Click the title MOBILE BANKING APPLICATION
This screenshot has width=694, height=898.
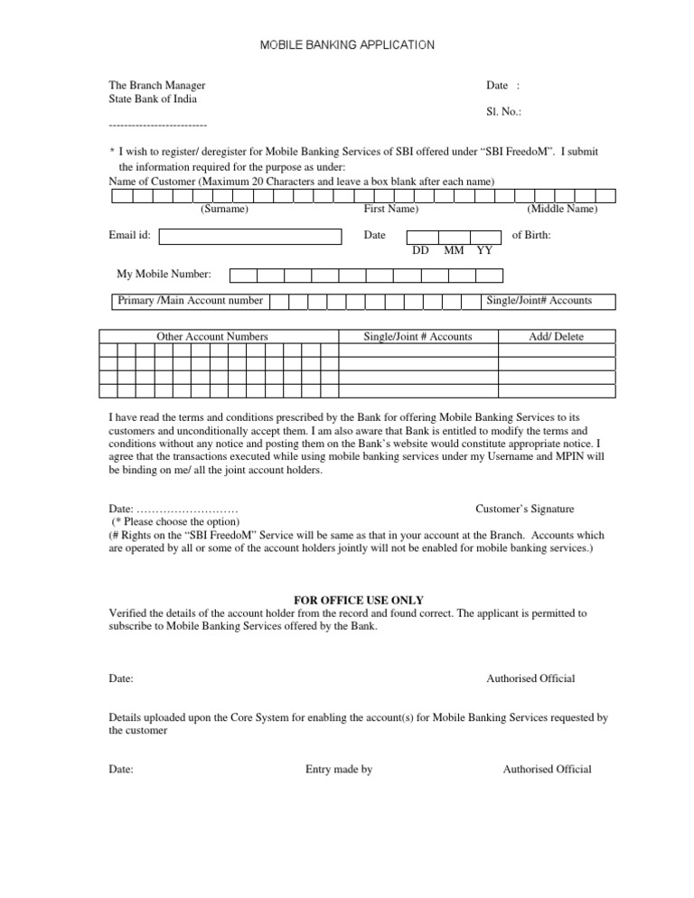coord(347,43)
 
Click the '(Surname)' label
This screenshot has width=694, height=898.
coord(224,209)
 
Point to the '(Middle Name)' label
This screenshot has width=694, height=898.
coord(561,209)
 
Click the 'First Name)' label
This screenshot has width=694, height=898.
coord(390,209)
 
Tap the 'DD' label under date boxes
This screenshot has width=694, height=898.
coord(420,250)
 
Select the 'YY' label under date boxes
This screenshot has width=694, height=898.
coord(484,250)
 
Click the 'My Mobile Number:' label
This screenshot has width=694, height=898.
coord(164,274)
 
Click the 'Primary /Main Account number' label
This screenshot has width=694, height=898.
coord(191,300)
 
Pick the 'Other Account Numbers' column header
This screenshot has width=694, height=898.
coord(212,336)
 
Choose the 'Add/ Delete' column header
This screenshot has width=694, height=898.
coord(557,336)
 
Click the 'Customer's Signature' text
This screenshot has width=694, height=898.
coord(524,509)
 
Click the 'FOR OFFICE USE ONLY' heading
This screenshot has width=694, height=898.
coord(347,600)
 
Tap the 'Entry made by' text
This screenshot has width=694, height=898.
coord(339,769)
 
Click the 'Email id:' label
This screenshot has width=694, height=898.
coord(129,235)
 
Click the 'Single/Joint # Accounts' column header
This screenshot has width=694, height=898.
coord(417,336)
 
